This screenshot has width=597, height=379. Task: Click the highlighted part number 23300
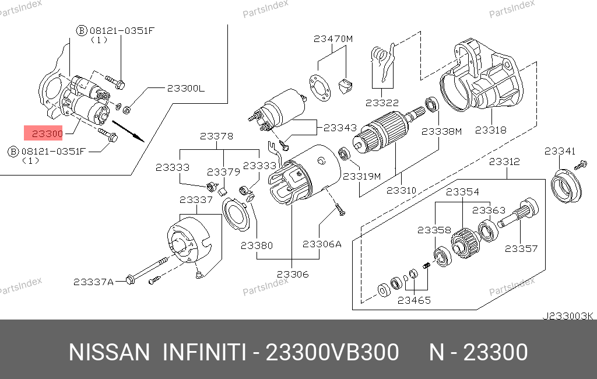pos(47,134)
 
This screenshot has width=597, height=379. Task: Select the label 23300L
pos(186,89)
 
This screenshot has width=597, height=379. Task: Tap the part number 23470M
pos(333,39)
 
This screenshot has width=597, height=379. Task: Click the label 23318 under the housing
pos(490,130)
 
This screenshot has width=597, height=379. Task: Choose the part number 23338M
pos(441,132)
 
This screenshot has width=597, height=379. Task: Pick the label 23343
pos(340,127)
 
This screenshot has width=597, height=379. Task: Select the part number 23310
pos(401,190)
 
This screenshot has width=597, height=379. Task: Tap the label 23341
pos(560,151)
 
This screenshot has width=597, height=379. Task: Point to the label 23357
pos(521,248)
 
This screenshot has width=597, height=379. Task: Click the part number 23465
pos(414,301)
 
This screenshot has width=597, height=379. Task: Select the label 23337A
pos(93,282)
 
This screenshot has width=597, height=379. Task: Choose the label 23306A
pos(322,244)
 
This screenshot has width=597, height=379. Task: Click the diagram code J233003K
pos(568,316)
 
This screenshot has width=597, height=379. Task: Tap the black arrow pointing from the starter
pos(128,131)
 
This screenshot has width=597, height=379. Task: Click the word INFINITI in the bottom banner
pos(205,353)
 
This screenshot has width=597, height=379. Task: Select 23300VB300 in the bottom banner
pos(332,353)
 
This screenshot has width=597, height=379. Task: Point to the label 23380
pos(257,246)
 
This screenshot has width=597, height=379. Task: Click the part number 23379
pos(223,172)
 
